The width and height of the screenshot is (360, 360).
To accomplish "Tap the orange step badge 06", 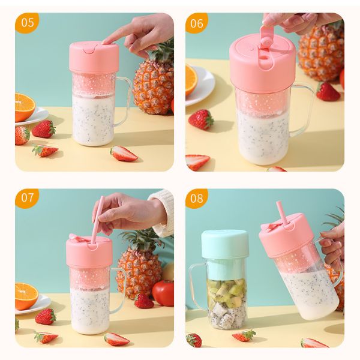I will click(x=197, y=23).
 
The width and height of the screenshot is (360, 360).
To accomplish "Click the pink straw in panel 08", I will click(x=280, y=216).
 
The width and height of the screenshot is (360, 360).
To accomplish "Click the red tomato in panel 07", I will click(x=163, y=293).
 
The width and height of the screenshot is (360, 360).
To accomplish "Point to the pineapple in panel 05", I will click(x=153, y=84).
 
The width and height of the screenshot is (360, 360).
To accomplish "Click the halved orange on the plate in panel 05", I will click(x=24, y=107).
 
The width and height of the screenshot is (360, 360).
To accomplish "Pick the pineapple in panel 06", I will click(x=321, y=57).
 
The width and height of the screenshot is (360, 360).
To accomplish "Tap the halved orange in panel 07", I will click(x=25, y=295).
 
